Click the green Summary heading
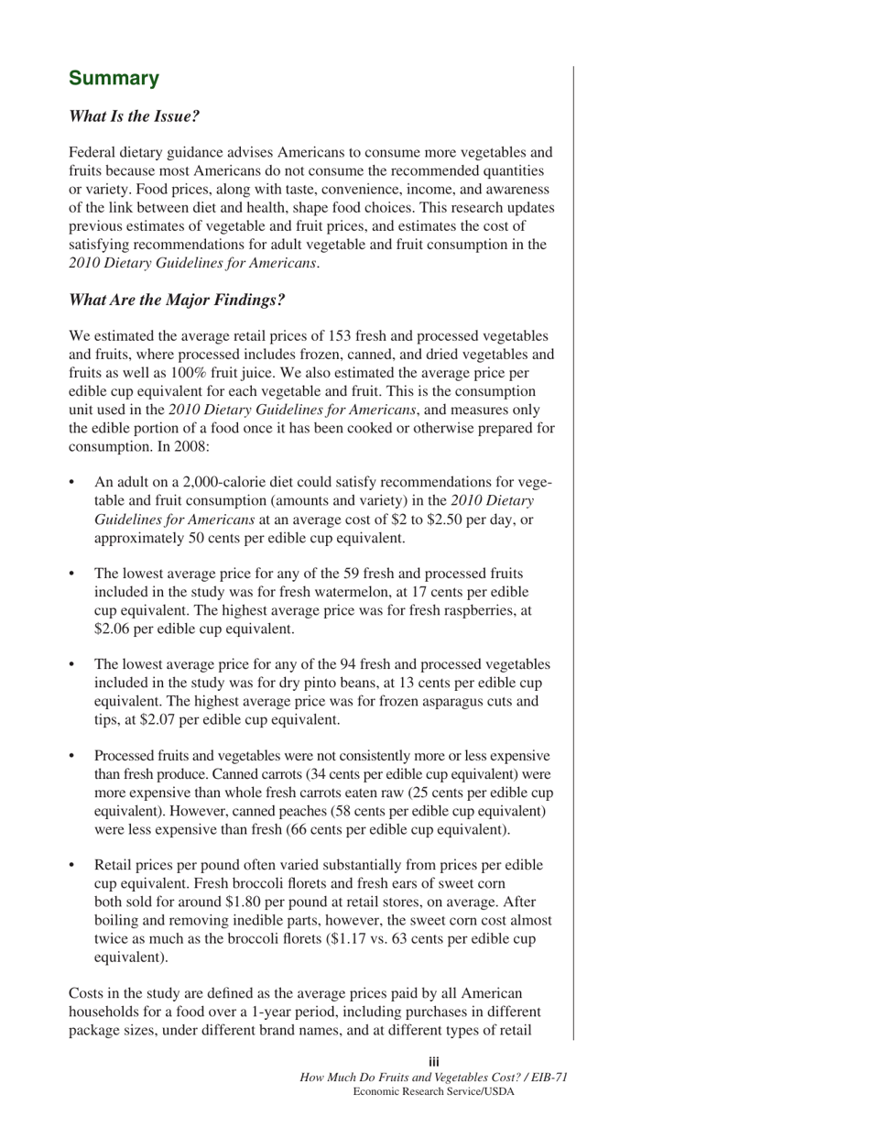click(x=114, y=78)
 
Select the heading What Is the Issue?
click(x=135, y=116)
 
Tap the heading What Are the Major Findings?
click(x=177, y=300)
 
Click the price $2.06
click(x=114, y=629)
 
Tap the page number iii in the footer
click(x=434, y=1062)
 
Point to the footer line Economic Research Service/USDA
click(x=434, y=1091)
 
